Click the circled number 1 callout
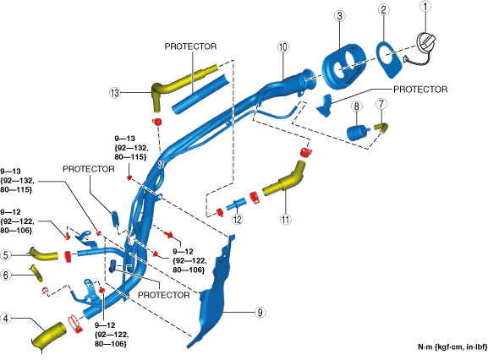click(425, 7)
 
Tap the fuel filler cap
click(425, 44)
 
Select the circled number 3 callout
click(339, 16)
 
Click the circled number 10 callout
click(282, 47)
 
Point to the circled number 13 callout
click(115, 93)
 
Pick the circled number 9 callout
click(260, 312)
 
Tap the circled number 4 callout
click(6, 319)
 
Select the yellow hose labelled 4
click(49, 336)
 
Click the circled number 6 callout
click(6, 275)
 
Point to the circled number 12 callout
click(237, 220)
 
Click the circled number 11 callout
click(285, 220)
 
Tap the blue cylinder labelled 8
click(357, 133)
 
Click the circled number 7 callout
click(381, 104)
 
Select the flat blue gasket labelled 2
click(389, 59)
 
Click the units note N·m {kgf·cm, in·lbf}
click(452, 347)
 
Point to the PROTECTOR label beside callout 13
click(190, 46)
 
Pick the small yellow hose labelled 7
click(381, 128)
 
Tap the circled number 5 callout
click(6, 255)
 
